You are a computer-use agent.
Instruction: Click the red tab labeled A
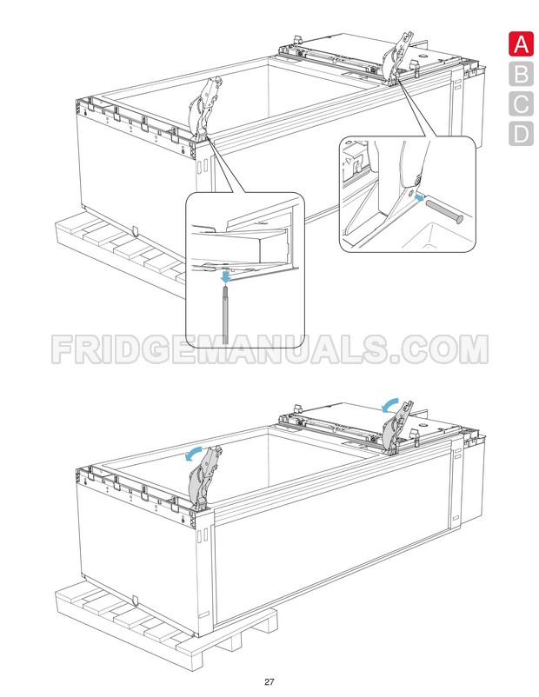click(x=520, y=43)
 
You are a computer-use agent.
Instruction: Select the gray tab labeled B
click(x=520, y=74)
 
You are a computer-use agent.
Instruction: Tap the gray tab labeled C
click(x=520, y=104)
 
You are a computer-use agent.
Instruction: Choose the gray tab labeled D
click(x=520, y=134)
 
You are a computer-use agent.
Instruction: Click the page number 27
click(x=270, y=680)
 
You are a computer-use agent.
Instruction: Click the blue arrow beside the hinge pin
click(x=421, y=199)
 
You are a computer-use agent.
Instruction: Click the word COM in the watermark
click(x=439, y=349)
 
